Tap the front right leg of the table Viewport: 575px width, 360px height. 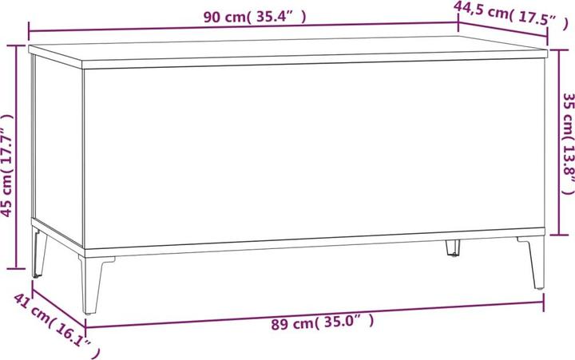533,263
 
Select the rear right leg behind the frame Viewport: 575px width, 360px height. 452,248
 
